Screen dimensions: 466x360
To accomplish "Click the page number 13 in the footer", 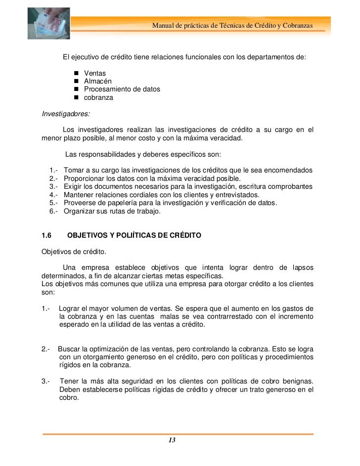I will [x=172, y=440].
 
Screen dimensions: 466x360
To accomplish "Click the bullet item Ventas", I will [x=95, y=74].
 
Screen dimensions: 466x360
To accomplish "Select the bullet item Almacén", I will [x=97, y=82].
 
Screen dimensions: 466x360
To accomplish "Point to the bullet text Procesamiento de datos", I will [x=122, y=89].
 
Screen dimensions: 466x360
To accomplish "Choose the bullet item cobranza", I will [x=98, y=97].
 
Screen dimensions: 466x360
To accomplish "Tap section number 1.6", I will [x=47, y=235].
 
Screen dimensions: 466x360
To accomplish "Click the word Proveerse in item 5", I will [x=81, y=203].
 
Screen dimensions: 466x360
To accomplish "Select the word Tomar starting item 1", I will [x=74, y=170].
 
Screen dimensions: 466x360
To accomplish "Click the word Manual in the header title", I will [x=164, y=25].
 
